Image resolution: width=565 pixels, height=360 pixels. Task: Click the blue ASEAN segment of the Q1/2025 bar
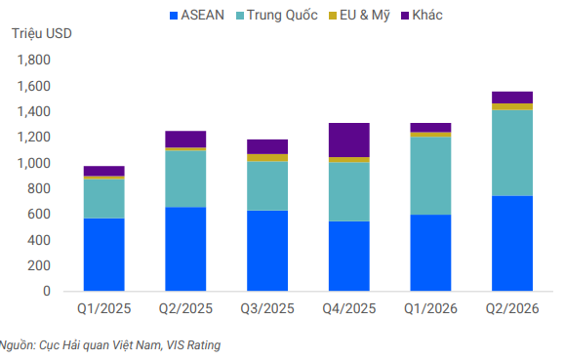point(104,255)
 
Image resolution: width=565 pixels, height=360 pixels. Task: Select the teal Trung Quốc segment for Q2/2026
point(512,153)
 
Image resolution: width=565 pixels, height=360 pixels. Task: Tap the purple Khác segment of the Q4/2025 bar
point(348,140)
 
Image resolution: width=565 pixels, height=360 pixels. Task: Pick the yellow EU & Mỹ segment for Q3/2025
point(267,158)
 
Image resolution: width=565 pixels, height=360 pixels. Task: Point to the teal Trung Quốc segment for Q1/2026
point(430,176)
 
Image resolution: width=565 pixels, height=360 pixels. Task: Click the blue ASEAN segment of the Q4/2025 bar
point(348,256)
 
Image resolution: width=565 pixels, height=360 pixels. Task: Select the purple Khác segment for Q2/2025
point(185,140)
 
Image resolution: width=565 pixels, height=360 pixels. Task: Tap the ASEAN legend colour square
point(174,16)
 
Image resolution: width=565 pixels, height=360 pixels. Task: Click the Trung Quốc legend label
point(282,16)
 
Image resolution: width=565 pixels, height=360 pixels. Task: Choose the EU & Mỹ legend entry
point(359,16)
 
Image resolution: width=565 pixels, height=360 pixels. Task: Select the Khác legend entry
point(422,16)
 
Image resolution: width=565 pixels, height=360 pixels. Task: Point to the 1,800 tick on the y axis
point(34,60)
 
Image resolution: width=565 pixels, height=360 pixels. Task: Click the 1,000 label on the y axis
point(34,163)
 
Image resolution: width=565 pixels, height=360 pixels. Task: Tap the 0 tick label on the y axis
point(47,291)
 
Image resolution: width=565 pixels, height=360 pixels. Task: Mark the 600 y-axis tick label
point(39,214)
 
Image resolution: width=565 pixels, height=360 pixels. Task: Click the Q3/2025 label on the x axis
point(267,309)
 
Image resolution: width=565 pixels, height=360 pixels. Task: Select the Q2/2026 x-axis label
point(512,309)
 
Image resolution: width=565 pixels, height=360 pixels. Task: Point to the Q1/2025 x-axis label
point(104,309)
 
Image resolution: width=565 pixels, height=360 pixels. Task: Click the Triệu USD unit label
point(42,33)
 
